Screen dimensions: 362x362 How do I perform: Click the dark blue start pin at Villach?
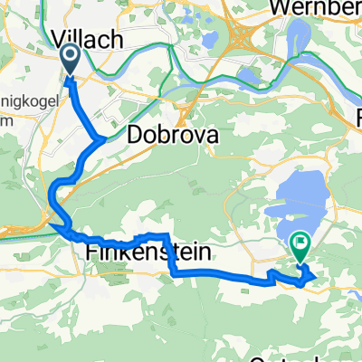[x=69, y=62]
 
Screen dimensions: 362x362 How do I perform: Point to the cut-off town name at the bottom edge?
[x=326, y=356]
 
